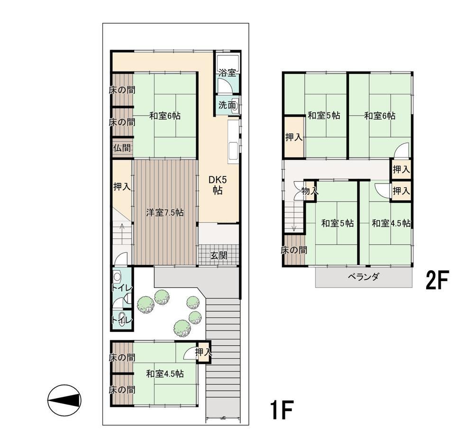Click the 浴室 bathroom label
coord(227,73)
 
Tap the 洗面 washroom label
coord(227,105)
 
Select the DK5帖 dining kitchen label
coord(218,185)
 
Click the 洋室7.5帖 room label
coord(165,212)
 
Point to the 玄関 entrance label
coord(219,256)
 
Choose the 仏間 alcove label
coord(122,148)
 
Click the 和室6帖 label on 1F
coord(165,116)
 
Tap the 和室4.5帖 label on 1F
coord(165,374)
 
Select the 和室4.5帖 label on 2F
coord(391,223)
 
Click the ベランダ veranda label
coord(364,277)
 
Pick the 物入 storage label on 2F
coord(310,191)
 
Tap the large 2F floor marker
coord(436,280)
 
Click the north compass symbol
coord(64,400)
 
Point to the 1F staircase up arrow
coord(121,233)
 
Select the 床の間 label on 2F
coord(294,250)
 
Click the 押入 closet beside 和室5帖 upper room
coord(294,137)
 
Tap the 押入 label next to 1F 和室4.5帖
coord(203,352)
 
